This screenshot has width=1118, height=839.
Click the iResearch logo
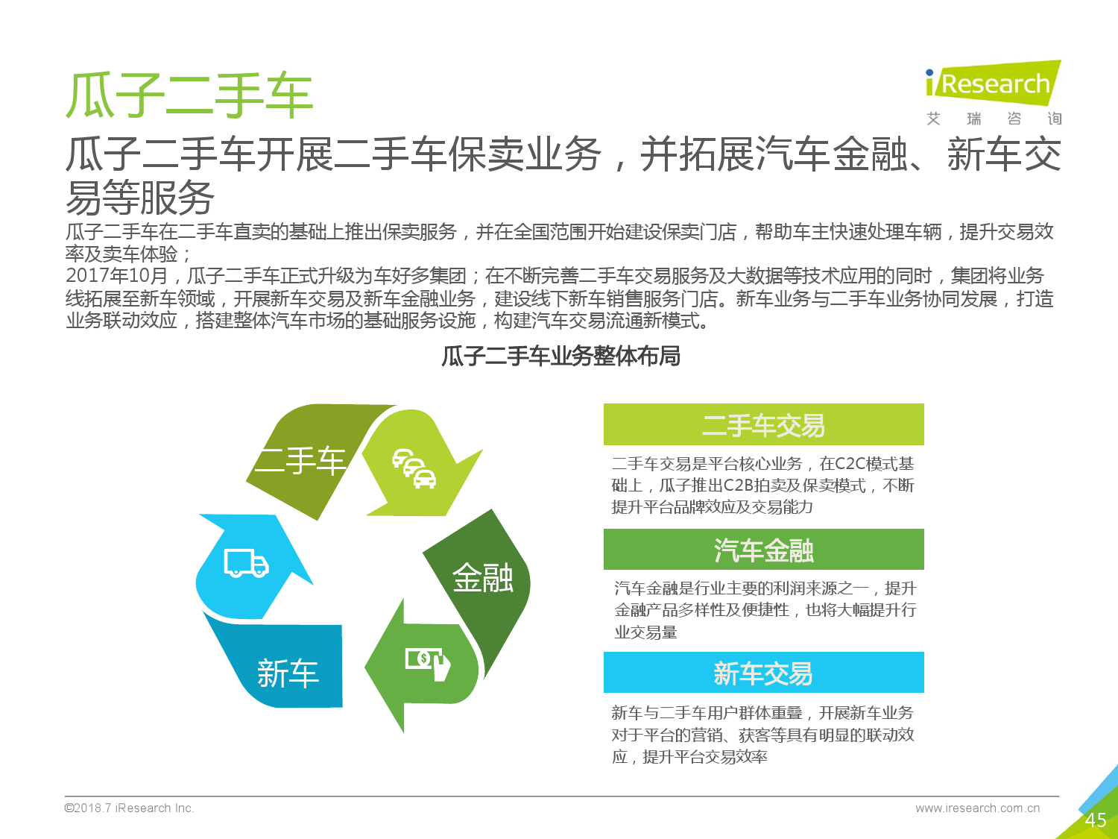994,92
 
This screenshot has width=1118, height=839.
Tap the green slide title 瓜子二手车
189,95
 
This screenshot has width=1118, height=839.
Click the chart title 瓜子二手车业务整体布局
560,356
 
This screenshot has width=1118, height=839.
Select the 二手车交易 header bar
763,424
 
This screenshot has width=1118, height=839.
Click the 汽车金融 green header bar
763,549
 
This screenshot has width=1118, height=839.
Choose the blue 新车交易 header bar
763,673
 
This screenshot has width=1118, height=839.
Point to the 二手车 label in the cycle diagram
300,462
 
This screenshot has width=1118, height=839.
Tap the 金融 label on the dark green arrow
483,578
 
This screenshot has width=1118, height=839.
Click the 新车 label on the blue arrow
288,673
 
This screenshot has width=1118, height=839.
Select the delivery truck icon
246,563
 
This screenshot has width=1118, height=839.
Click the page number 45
1095,820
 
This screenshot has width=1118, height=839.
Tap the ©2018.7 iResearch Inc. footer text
130,808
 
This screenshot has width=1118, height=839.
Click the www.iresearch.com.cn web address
977,808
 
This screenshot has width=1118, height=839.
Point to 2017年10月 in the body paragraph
116,276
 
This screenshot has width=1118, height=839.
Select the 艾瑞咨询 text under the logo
994,119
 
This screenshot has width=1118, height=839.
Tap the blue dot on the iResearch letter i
929,73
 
